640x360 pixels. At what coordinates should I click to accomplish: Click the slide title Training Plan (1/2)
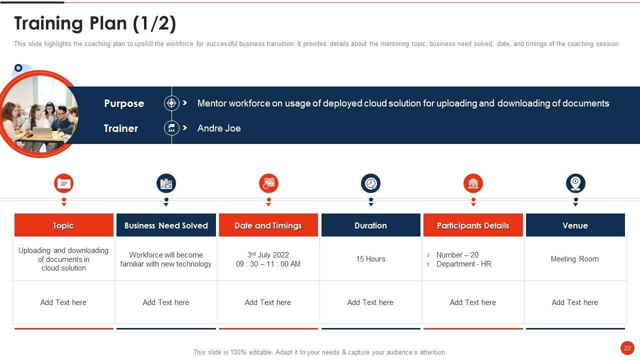click(95, 23)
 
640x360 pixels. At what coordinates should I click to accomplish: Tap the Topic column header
click(63, 225)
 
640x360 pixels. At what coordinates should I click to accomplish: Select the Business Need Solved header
click(166, 225)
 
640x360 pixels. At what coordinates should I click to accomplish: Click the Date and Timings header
click(268, 225)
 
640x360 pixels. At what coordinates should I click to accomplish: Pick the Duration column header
click(371, 225)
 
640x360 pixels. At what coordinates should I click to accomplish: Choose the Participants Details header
click(473, 225)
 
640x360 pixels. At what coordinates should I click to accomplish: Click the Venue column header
click(575, 225)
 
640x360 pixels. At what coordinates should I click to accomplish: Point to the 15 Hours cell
click(370, 259)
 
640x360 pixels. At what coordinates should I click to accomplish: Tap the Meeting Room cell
click(575, 259)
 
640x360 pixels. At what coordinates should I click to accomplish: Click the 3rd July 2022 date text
click(268, 254)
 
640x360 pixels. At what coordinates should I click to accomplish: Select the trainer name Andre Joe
click(219, 128)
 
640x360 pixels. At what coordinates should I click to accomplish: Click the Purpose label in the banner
click(124, 103)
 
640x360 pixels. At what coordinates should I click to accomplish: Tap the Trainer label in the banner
click(121, 128)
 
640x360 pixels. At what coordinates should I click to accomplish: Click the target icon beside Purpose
click(171, 103)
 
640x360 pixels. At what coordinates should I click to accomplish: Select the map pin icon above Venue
click(575, 183)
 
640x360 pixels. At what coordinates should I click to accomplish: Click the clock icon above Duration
click(371, 183)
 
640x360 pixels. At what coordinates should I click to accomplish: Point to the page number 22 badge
click(627, 348)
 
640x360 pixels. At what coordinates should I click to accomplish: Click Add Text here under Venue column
click(575, 302)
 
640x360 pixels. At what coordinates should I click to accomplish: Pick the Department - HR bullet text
click(463, 263)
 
